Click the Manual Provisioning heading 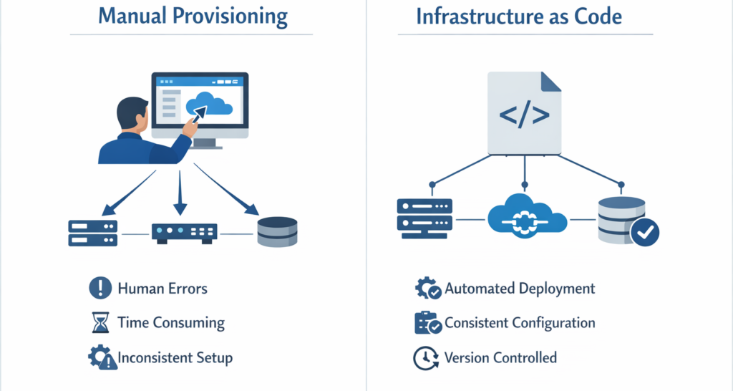tap(192, 16)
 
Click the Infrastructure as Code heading tap(520, 16)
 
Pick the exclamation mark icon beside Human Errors tap(99, 289)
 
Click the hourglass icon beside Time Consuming tap(99, 323)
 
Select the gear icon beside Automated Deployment tap(427, 289)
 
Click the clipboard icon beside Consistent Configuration tap(427, 323)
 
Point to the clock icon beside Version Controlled tap(427, 357)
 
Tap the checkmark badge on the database tap(644, 232)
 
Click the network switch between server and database tap(184, 232)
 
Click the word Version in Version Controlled tap(467, 357)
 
